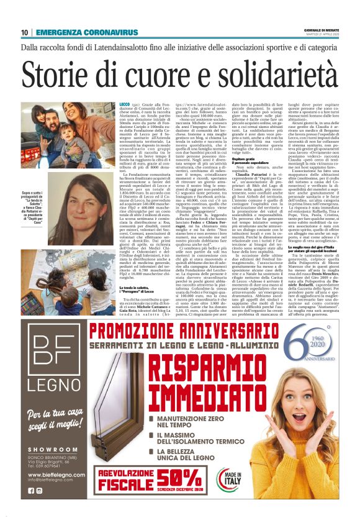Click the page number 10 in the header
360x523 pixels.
coord(24,32)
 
